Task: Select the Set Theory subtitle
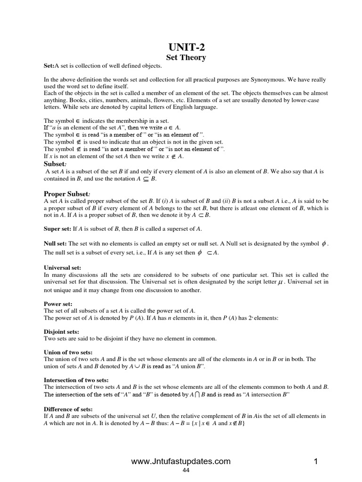186,57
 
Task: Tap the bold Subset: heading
54,164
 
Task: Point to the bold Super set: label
57,229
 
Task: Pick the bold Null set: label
55,244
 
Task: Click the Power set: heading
58,304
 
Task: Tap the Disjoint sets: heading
61,332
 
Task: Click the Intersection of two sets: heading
76,380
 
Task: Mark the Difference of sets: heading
68,409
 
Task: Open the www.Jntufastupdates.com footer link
181,462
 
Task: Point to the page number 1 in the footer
316,462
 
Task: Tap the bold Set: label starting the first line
49,66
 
